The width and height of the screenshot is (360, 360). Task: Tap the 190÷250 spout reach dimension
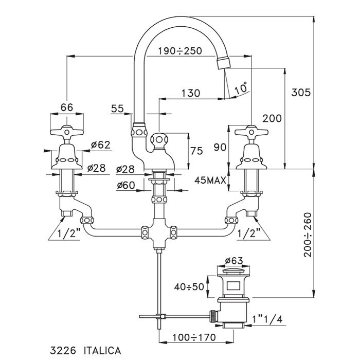pos(180,50)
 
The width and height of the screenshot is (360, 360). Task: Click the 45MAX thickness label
pos(210,181)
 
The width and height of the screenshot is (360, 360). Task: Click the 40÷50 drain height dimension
pos(190,286)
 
